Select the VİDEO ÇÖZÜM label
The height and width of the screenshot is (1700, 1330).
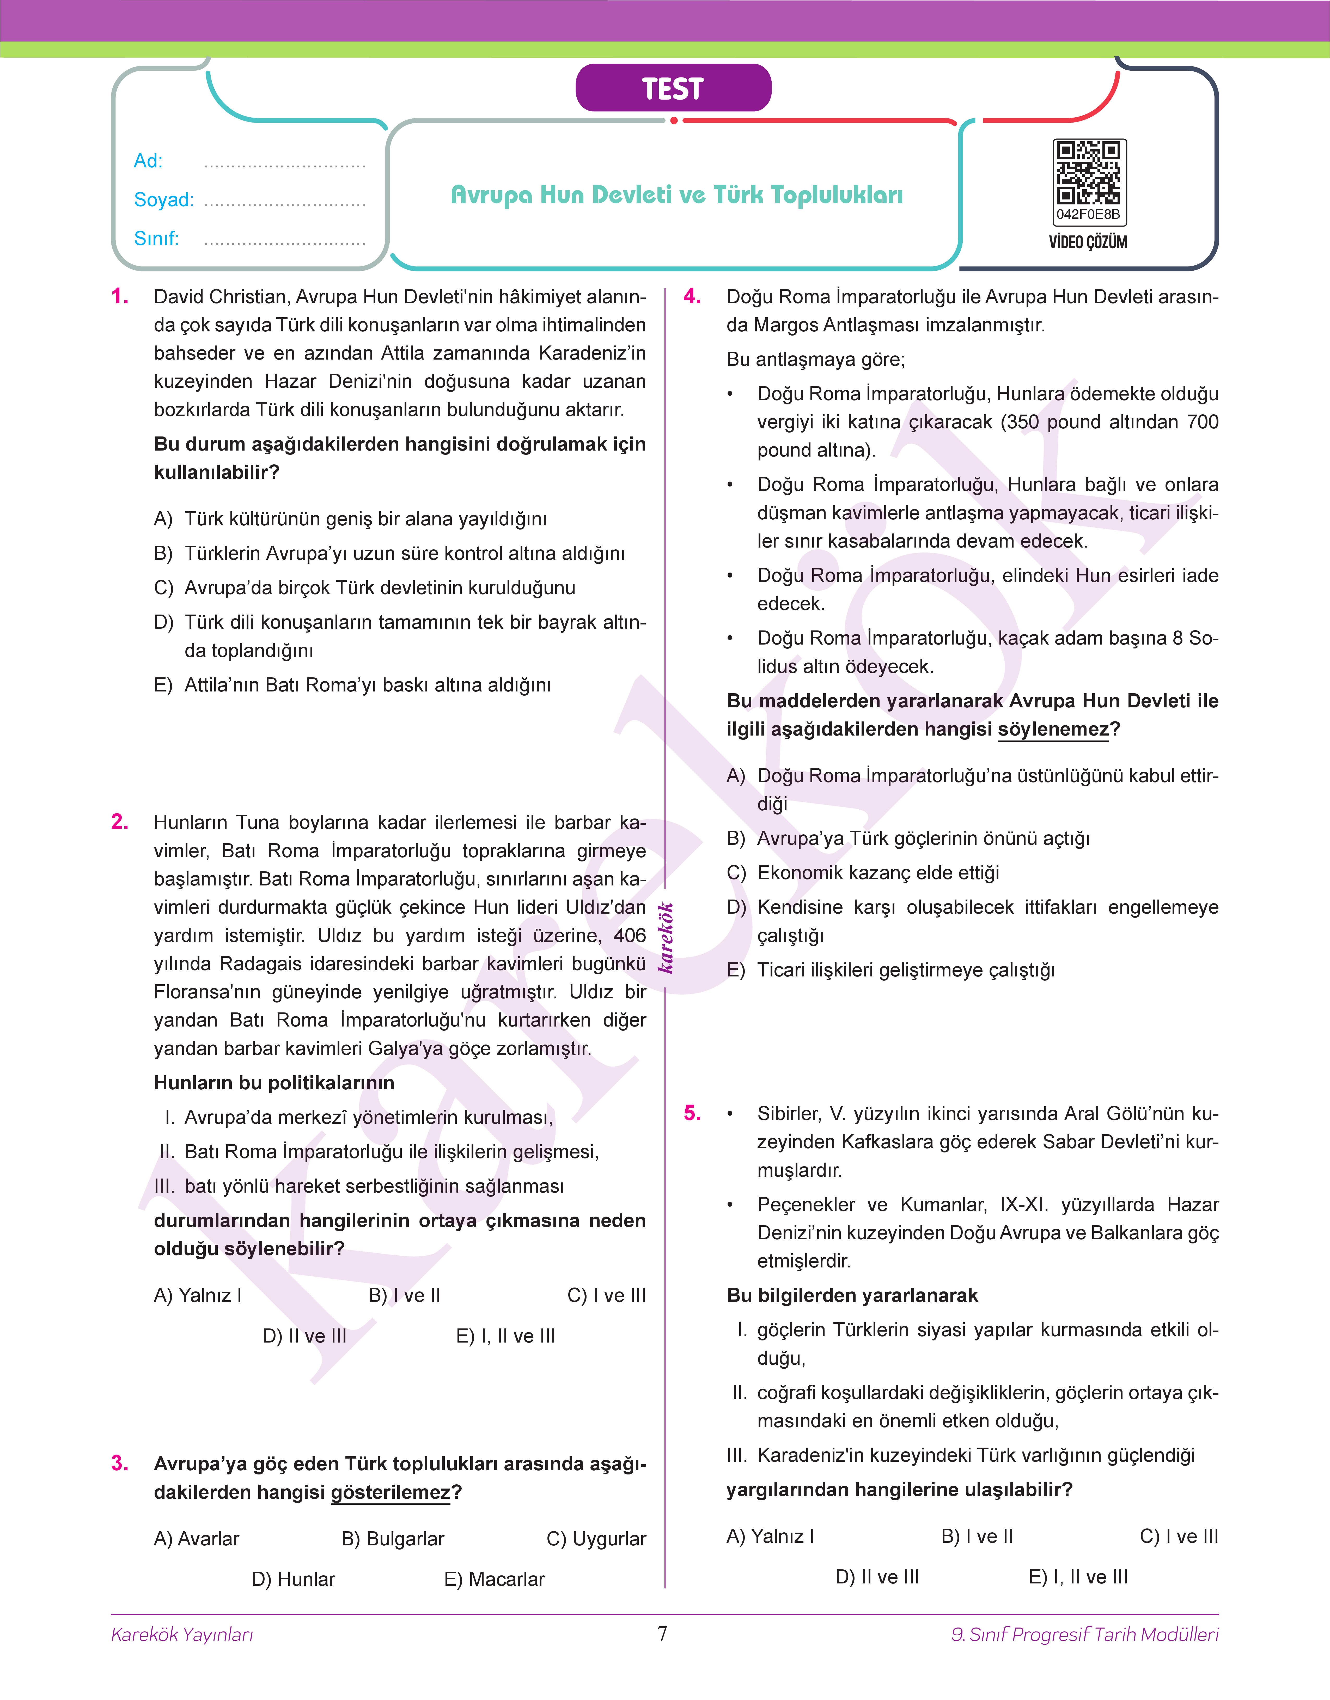tap(1088, 242)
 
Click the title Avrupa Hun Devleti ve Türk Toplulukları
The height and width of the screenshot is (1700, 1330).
tap(677, 195)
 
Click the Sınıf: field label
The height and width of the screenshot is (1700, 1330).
tap(156, 238)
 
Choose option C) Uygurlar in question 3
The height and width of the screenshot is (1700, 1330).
tap(596, 1539)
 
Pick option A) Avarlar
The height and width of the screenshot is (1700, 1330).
tap(196, 1539)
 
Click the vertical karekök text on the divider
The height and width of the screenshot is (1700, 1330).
tap(666, 938)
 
